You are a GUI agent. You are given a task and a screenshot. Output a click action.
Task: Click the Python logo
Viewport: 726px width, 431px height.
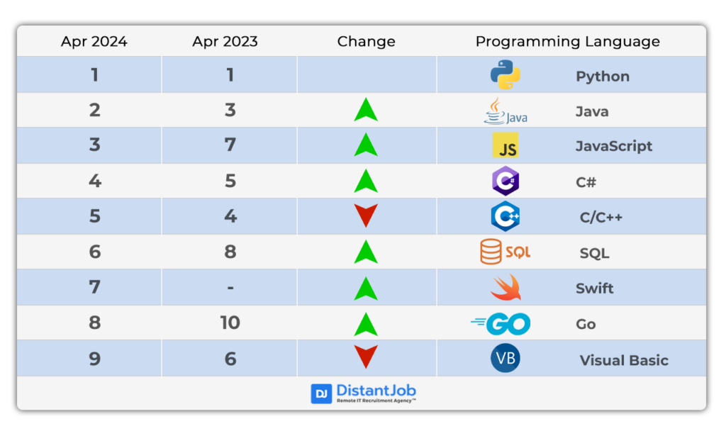[x=505, y=74]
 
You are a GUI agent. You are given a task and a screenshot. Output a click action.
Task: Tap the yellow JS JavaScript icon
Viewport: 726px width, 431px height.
[x=505, y=145]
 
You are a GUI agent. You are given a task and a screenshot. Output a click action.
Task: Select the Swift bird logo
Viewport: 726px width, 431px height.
[x=506, y=288]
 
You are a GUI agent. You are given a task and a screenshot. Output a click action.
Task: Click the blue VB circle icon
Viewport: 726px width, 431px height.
[x=505, y=358]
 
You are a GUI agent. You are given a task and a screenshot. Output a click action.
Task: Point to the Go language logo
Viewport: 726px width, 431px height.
[x=501, y=323]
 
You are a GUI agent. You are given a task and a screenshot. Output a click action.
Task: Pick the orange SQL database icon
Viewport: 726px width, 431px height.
[x=505, y=252]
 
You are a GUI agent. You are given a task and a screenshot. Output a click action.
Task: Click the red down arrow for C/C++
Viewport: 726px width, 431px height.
[x=366, y=216]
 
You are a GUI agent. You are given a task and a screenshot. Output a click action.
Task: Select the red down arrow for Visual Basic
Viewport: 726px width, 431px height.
[x=366, y=357]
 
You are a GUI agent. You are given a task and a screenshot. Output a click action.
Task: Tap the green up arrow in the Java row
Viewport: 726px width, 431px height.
[x=366, y=110]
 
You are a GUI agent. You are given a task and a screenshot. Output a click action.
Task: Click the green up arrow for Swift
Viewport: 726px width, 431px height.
[x=366, y=289]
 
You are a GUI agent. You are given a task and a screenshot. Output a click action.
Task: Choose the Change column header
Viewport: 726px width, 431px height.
[x=367, y=42]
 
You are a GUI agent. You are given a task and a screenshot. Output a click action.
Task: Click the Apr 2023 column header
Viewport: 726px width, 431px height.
[x=225, y=42]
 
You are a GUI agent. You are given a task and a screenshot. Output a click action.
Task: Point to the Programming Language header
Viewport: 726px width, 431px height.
[x=568, y=42]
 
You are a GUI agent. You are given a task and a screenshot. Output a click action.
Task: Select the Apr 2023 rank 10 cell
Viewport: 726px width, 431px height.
[x=230, y=323]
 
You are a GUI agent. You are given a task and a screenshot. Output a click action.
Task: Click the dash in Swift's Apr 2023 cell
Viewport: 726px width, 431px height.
[x=230, y=288]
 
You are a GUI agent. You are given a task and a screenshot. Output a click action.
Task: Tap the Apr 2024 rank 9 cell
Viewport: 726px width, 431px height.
[x=94, y=359]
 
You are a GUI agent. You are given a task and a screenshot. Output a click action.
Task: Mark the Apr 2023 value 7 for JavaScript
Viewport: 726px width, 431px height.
[x=230, y=145]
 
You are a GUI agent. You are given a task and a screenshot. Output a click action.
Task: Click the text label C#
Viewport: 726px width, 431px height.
[x=586, y=182]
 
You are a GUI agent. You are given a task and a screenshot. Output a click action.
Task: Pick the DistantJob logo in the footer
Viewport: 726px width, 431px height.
[x=364, y=393]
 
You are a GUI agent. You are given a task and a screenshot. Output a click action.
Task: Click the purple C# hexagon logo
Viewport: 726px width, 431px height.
[x=505, y=181]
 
